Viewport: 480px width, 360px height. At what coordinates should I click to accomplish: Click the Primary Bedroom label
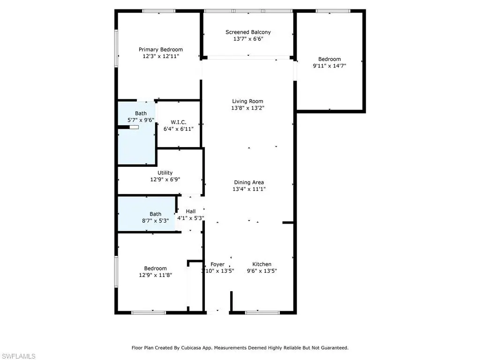tap(161, 49)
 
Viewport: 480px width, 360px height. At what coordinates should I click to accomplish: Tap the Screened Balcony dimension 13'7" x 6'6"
tap(248, 39)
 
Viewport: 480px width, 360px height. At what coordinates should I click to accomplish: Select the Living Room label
tap(247, 101)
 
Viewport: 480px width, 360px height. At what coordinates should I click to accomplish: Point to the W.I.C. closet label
tap(179, 122)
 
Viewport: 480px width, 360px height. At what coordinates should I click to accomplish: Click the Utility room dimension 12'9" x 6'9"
tap(165, 180)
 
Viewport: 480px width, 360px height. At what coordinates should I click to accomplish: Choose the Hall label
tap(190, 211)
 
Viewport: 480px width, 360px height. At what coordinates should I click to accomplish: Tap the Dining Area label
tap(249, 182)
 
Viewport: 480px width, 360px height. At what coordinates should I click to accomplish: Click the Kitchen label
tap(262, 264)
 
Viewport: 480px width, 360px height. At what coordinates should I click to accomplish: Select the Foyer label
tap(217, 264)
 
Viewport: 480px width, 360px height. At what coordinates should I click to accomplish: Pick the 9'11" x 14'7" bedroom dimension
tap(330, 66)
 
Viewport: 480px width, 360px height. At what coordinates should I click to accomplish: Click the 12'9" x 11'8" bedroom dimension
tap(156, 275)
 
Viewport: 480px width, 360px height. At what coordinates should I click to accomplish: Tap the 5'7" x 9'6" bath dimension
tap(141, 120)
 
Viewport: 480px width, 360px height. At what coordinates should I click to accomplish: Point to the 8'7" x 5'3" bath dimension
tap(155, 221)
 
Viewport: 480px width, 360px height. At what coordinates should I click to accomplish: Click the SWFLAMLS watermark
tap(18, 356)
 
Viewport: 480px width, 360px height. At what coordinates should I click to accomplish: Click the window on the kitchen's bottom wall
tap(262, 313)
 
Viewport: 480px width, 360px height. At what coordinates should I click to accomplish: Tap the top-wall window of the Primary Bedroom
tap(158, 11)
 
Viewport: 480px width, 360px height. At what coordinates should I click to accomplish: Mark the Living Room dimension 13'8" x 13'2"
tap(247, 108)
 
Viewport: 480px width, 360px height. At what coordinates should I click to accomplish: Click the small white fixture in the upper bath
tap(134, 127)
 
